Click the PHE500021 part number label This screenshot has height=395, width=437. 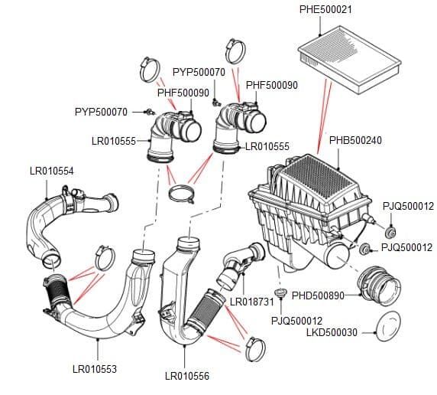[x=325, y=9]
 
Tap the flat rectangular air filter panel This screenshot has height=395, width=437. [x=349, y=59]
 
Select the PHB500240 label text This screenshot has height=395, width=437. [x=355, y=140]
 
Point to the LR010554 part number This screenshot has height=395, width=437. [x=51, y=171]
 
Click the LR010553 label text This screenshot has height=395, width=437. [x=95, y=369]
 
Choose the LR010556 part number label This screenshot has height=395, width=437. [x=187, y=376]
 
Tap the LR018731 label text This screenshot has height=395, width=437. [x=252, y=302]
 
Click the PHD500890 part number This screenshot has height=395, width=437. [x=318, y=295]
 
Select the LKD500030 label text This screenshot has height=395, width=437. [x=332, y=332]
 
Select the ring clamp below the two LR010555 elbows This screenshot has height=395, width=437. [x=182, y=194]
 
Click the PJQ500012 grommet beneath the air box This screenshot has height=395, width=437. [x=280, y=293]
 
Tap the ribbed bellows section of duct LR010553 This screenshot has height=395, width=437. [x=58, y=291]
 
